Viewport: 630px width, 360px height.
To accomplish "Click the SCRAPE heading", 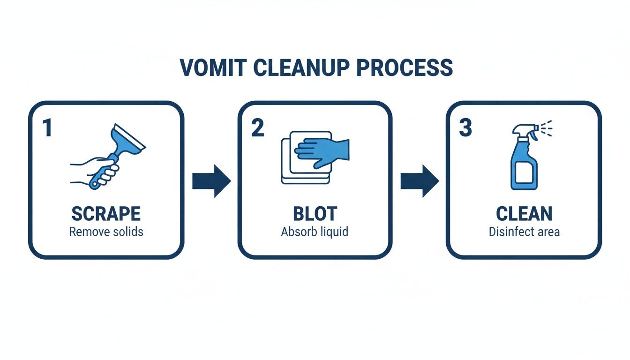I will coord(106,214).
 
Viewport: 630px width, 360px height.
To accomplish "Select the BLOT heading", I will coord(315,214).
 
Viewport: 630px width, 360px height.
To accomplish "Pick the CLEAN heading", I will coord(524,214).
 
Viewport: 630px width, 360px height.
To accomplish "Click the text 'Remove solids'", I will coord(106,232).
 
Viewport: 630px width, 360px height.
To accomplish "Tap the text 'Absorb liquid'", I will coord(315,232).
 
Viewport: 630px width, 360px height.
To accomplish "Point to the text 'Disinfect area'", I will coord(524,232).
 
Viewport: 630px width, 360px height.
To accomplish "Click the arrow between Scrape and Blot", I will coord(211,181).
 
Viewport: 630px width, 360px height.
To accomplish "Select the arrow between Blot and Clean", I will coord(420,181).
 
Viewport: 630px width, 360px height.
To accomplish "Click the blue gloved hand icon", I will coord(323,150).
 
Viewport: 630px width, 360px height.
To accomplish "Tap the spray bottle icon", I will coord(524,159).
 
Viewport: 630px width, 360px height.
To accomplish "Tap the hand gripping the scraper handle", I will coord(98,170).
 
